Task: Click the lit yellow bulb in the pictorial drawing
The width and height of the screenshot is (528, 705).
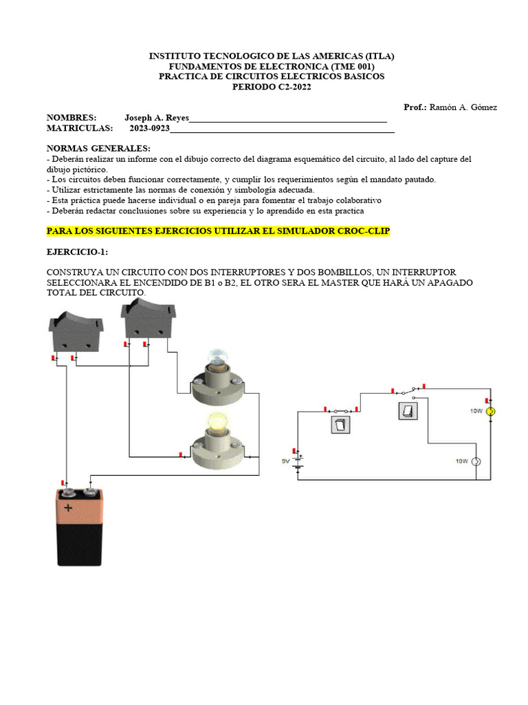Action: (217, 421)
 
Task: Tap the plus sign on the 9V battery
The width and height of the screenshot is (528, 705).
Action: (69, 508)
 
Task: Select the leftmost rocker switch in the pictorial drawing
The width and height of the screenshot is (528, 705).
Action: (75, 330)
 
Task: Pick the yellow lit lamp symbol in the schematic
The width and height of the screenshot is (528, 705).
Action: (490, 411)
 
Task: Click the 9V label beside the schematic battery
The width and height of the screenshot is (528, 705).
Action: (285, 461)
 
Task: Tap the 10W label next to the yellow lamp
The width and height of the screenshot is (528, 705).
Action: (476, 411)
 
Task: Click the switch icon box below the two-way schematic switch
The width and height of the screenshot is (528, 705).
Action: (407, 411)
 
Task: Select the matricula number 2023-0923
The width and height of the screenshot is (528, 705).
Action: (149, 128)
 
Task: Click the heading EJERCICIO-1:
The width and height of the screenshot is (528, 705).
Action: (77, 253)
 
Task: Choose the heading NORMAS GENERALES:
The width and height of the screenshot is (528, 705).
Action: (98, 149)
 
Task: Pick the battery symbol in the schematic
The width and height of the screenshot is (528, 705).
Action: (298, 460)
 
